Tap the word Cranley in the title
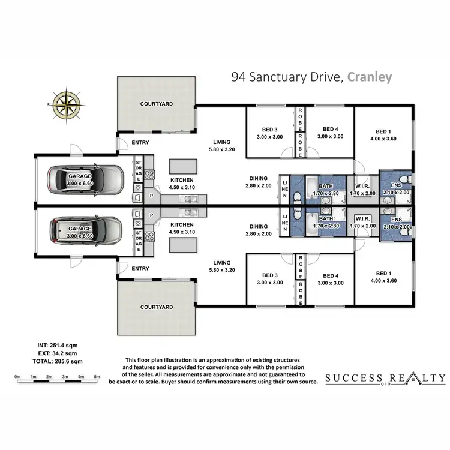pos(369,77)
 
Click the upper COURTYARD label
pos(156,104)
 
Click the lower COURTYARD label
pos(156,307)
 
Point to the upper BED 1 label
pos(384,131)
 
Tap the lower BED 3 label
pos(269,275)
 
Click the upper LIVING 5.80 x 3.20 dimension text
pos(220,149)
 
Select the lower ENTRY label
pos(140,268)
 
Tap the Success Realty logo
pos(385,379)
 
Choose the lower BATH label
pos(326,218)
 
